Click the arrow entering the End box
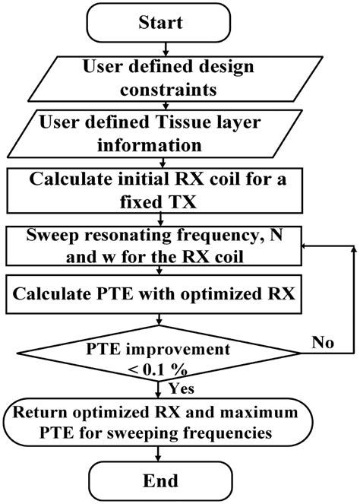tap(158, 455)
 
